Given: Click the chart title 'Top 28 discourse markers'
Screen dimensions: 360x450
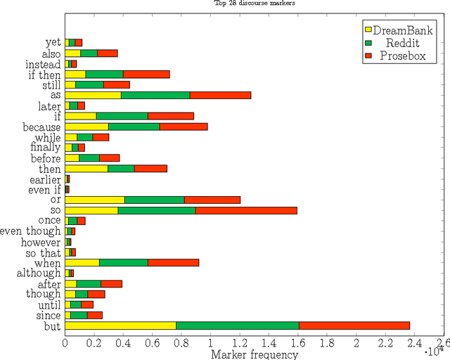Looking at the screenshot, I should [255, 3].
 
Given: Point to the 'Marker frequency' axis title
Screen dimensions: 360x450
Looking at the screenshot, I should [255, 354].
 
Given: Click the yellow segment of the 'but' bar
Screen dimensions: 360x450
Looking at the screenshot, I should [120, 326].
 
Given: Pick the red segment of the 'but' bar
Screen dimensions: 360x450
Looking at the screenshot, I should [354, 326].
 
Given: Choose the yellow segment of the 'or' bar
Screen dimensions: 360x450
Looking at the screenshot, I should [95, 200].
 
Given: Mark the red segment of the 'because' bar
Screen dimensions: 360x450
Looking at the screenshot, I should [184, 127].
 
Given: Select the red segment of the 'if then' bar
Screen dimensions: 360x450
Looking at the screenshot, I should [146, 74].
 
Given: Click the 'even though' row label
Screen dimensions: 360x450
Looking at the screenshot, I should [31, 231].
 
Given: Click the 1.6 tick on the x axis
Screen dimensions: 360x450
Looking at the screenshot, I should [298, 342].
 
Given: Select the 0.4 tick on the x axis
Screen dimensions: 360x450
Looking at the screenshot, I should [123, 342].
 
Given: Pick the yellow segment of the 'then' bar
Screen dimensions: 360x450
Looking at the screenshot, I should [86, 168].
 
